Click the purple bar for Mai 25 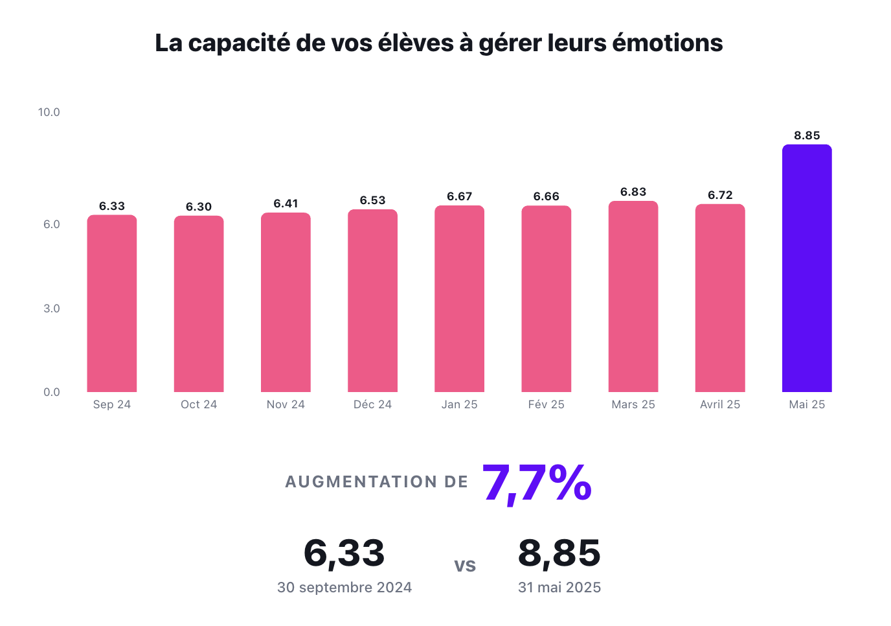[x=807, y=268]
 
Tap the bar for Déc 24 [x=372, y=301]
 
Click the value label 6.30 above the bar [x=199, y=207]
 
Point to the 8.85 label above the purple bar [x=807, y=135]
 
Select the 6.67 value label [x=459, y=196]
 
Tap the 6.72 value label [x=720, y=195]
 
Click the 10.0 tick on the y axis [x=49, y=112]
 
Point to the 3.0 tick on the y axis [x=52, y=308]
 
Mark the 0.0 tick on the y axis [x=52, y=392]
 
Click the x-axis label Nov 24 [x=286, y=404]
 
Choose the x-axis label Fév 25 [x=546, y=404]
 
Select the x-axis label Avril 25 [x=720, y=404]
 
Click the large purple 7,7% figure [x=537, y=483]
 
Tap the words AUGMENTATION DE [x=376, y=482]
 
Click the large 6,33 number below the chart [x=344, y=553]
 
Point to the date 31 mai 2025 [x=559, y=588]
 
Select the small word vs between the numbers [x=465, y=566]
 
